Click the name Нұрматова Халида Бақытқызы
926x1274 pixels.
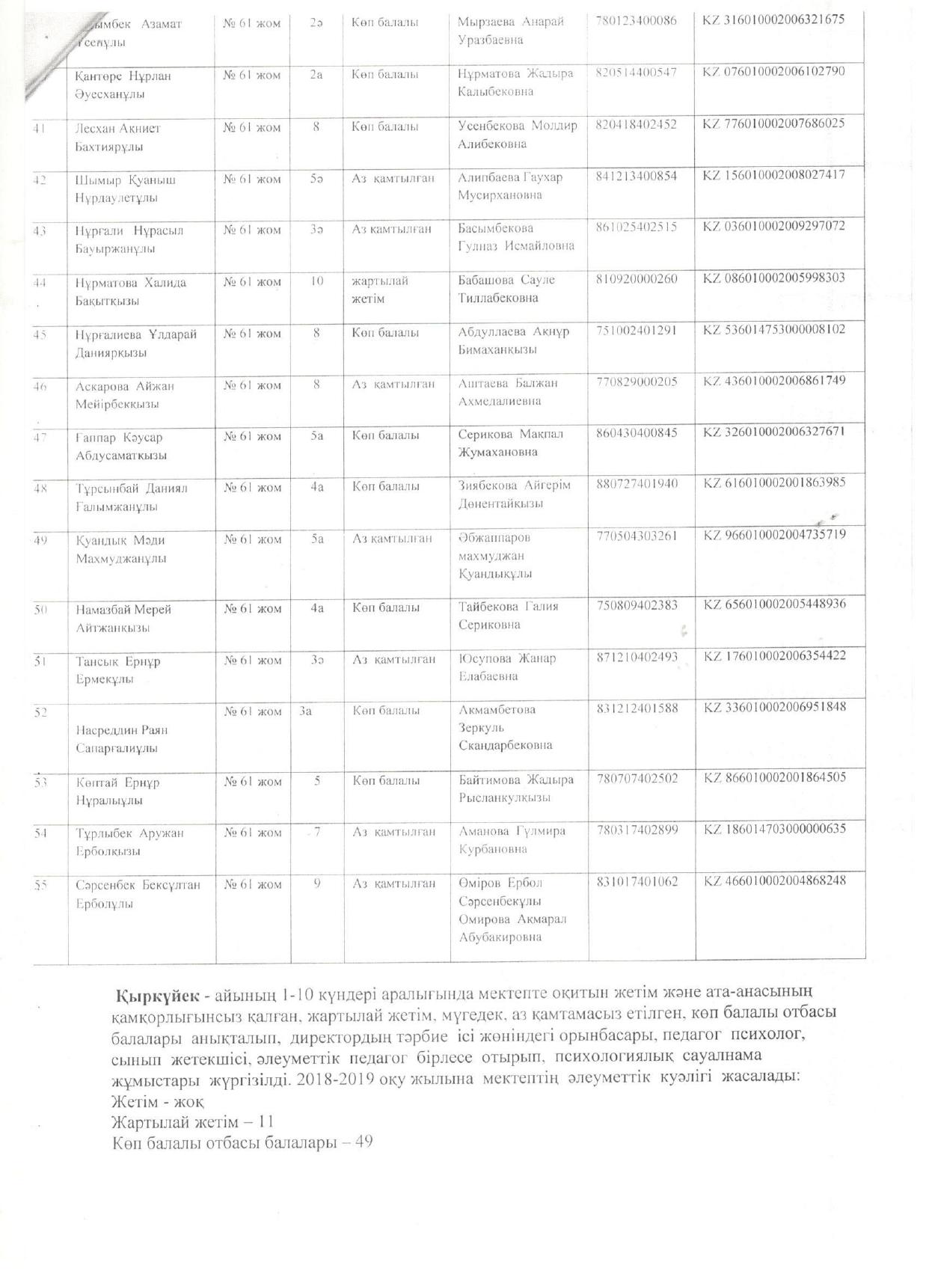click(131, 292)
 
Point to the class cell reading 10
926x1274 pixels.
click(316, 281)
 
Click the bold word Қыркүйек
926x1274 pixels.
click(157, 996)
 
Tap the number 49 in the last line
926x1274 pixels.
click(364, 1143)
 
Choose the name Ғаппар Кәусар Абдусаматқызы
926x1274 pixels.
click(121, 446)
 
